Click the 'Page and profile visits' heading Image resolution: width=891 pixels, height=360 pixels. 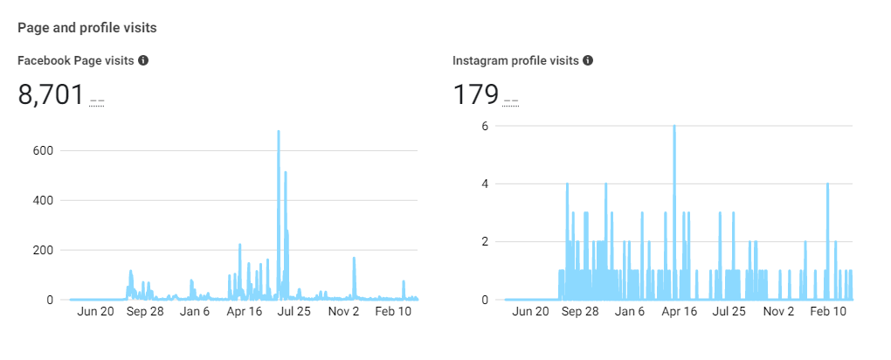tap(87, 28)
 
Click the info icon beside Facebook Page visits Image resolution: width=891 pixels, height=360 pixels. tap(143, 60)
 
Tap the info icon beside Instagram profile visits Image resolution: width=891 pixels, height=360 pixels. tap(588, 60)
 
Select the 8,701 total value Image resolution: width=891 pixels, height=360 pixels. tap(51, 94)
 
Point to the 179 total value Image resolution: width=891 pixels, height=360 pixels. tap(475, 94)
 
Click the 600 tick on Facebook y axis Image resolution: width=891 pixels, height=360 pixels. tap(44, 150)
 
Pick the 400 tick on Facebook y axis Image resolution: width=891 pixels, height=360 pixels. tap(44, 200)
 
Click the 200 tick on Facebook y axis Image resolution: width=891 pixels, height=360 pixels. tap(44, 250)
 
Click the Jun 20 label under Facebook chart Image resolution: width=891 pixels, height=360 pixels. tap(95, 311)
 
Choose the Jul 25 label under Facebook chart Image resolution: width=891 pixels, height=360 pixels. tap(294, 311)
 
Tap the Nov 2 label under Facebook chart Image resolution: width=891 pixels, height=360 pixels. tap(343, 311)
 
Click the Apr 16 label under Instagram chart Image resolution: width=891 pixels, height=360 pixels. tap(679, 311)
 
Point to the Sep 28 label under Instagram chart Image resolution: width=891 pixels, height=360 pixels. tap(580, 311)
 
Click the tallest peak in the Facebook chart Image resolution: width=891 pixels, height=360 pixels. tap(279, 132)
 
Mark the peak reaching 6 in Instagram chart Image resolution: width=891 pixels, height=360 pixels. tap(674, 127)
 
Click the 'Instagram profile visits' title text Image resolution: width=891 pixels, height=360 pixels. tap(515, 60)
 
